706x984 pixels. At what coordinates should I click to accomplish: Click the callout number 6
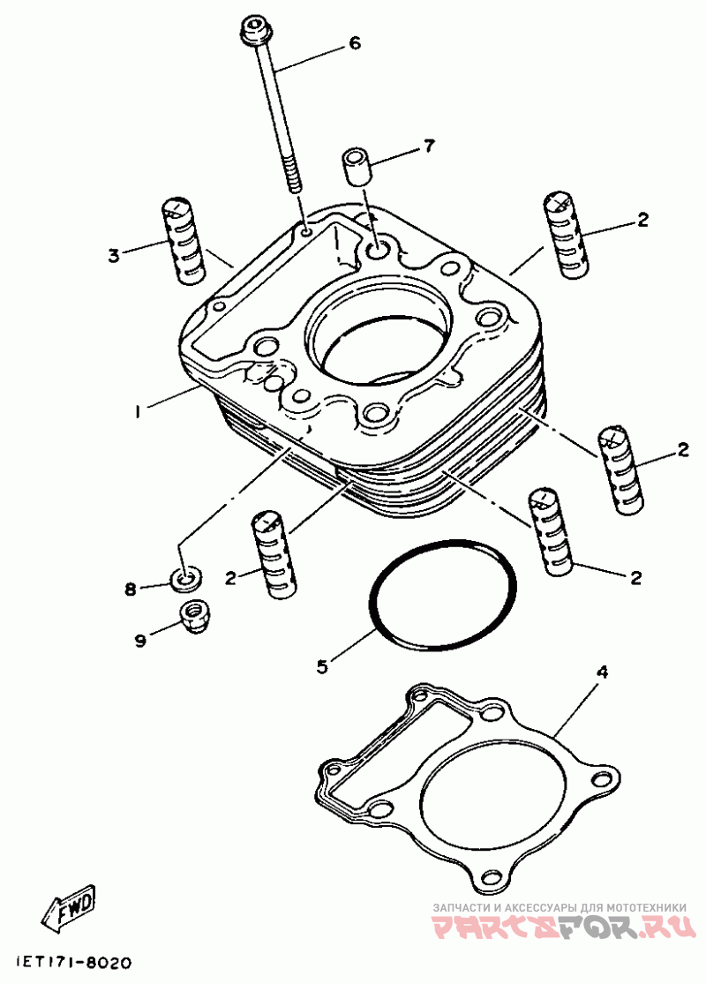click(355, 43)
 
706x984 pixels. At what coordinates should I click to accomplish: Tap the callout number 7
click(429, 146)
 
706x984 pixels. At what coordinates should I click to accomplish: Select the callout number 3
click(113, 256)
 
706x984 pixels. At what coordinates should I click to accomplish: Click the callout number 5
click(322, 665)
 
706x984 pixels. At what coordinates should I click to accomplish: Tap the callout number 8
click(131, 590)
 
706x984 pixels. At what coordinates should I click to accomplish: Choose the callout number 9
click(140, 640)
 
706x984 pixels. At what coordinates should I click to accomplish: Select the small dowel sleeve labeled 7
click(356, 165)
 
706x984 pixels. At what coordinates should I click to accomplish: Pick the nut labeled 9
click(194, 615)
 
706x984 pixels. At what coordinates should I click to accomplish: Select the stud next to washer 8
click(274, 552)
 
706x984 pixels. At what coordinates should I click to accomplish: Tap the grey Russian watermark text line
click(560, 907)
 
